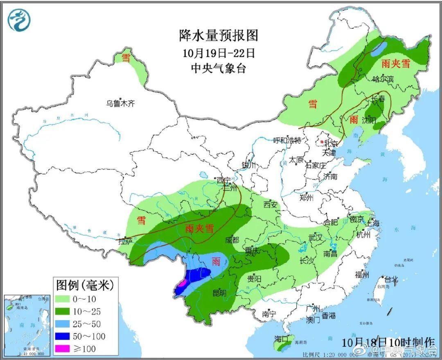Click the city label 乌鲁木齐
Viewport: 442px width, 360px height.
pos(120,104)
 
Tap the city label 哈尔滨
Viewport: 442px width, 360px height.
pos(383,79)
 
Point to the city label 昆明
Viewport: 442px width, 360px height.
pos(219,293)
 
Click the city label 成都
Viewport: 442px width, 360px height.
pos(232,240)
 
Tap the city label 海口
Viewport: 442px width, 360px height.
pos(282,339)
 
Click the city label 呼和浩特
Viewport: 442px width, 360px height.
pos(287,140)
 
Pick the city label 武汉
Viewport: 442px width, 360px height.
pos(316,238)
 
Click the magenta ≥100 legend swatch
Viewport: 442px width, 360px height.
pos(65,349)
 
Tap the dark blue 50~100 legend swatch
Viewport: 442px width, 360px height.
pos(65,336)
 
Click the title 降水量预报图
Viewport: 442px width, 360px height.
pos(219,35)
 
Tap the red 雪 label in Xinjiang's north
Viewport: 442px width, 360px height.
pos(126,58)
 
